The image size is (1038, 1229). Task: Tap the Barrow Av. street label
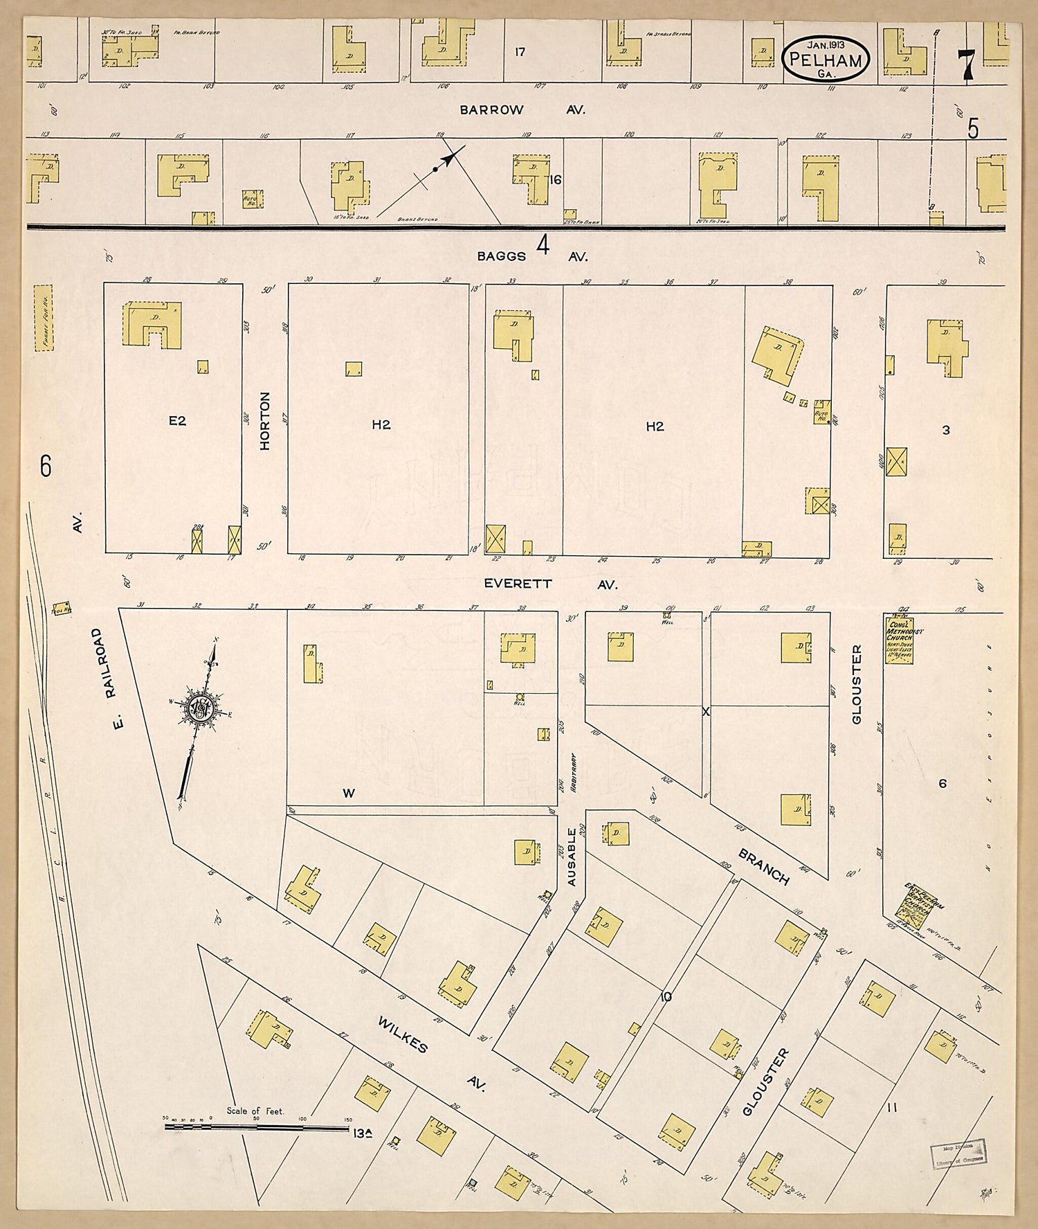click(x=522, y=110)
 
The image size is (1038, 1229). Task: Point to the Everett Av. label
click(x=550, y=584)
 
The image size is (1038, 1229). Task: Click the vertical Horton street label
click(x=265, y=421)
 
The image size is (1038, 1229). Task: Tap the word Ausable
click(x=572, y=857)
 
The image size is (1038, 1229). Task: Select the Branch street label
click(x=763, y=867)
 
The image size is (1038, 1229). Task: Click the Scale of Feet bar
click(x=256, y=1128)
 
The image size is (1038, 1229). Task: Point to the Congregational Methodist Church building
click(x=899, y=639)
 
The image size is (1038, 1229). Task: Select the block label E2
click(x=177, y=420)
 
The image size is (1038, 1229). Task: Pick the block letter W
click(x=349, y=793)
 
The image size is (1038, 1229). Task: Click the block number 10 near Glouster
click(x=666, y=997)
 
